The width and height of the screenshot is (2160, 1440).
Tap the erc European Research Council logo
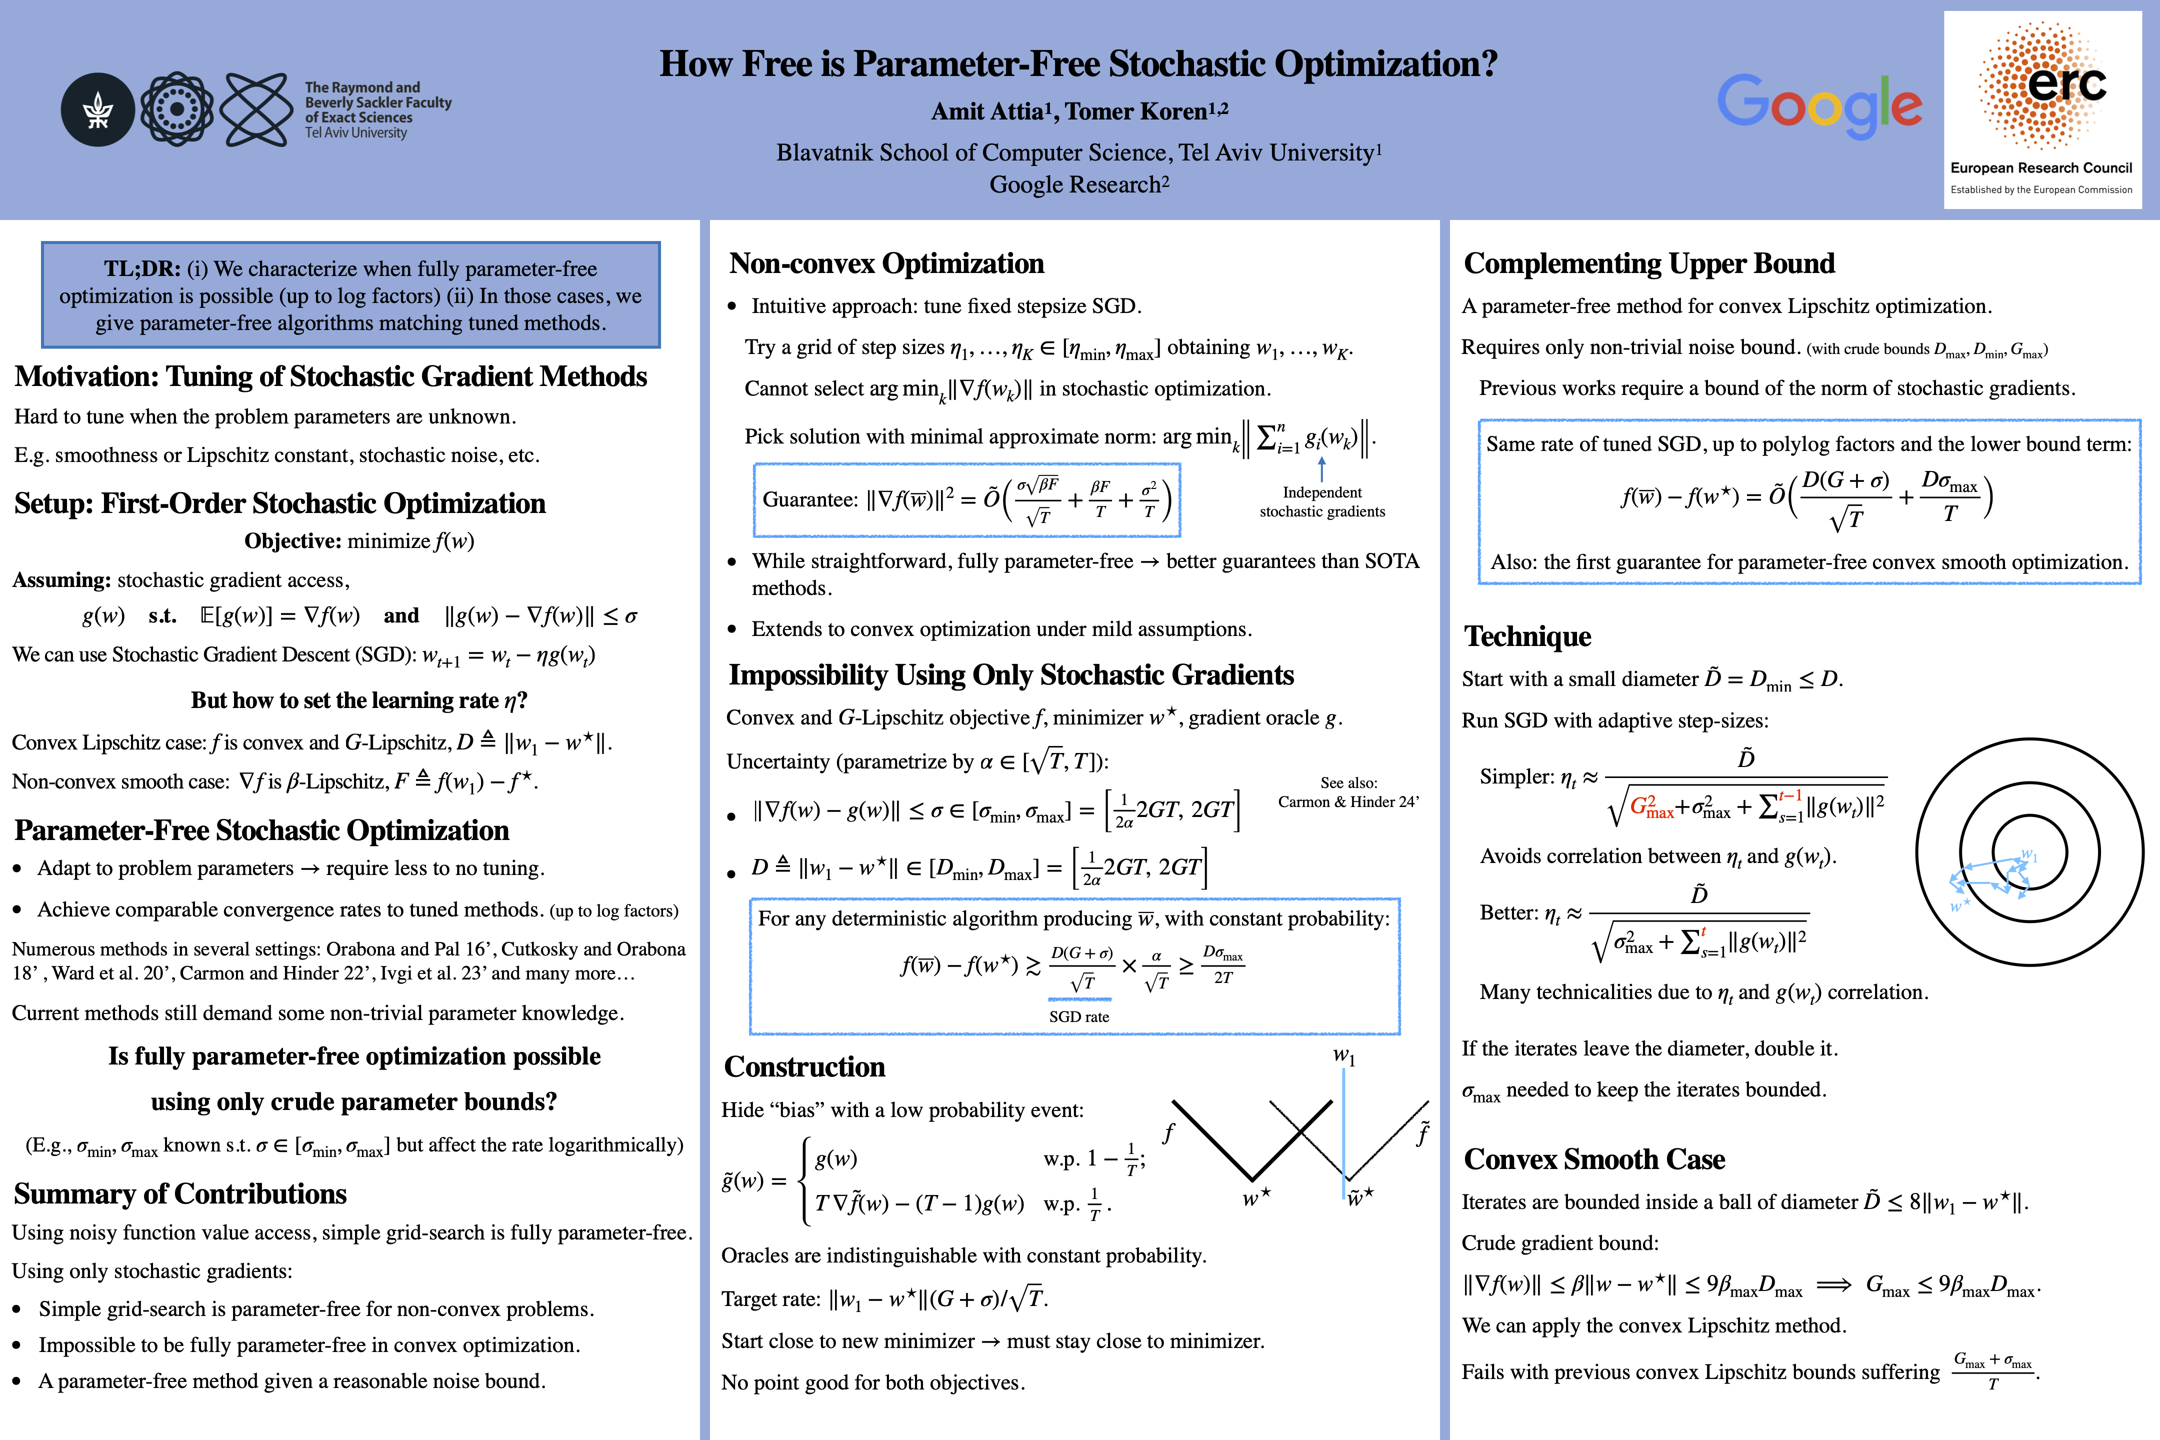[2041, 109]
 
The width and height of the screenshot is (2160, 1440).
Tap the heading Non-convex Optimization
[886, 263]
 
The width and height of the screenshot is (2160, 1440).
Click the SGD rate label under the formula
[1079, 1016]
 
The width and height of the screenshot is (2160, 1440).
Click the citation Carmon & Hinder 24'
[1348, 801]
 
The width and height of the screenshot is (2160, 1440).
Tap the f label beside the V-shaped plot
[1168, 1133]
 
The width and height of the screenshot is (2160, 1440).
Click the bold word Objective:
[292, 541]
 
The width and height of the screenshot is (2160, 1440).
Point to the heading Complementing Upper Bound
[1648, 263]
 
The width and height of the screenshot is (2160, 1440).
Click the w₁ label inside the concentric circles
[2028, 856]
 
